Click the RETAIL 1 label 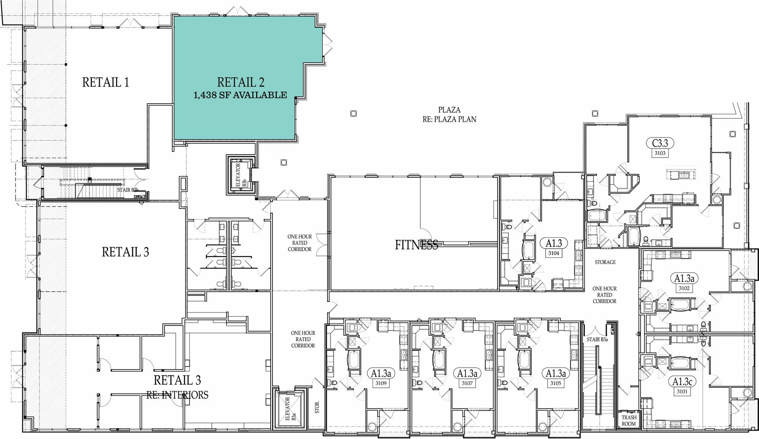[106, 82]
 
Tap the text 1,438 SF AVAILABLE [240, 95]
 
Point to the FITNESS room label [416, 245]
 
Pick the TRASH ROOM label [628, 421]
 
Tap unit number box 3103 [660, 153]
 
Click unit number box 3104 [553, 253]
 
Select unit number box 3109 [381, 383]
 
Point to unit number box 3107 [467, 383]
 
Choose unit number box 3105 [556, 383]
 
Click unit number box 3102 [684, 288]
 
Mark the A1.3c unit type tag [682, 381]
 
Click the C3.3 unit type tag [660, 143]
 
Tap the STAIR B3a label [597, 340]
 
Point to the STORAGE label [605, 262]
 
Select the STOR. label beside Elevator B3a [317, 407]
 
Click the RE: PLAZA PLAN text [449, 119]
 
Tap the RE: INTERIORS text [177, 395]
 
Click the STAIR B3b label [128, 190]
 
